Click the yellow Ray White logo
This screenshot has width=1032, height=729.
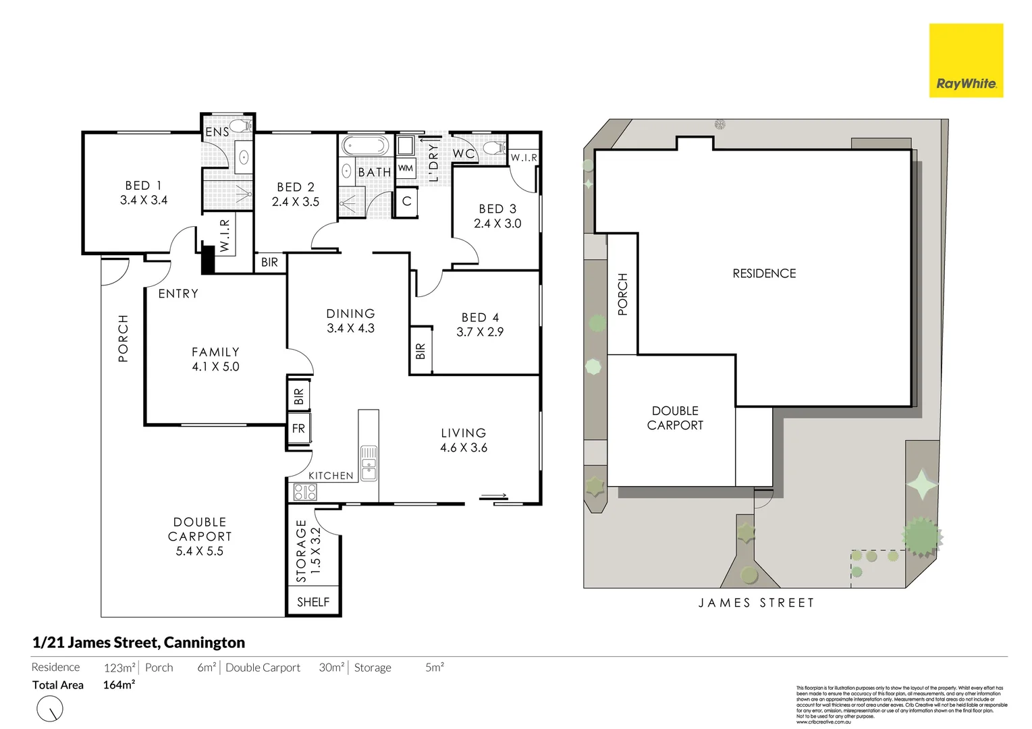tap(966, 61)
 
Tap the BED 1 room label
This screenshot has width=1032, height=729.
tap(143, 192)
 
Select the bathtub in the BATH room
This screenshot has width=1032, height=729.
tap(365, 146)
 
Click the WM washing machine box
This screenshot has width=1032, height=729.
tap(406, 168)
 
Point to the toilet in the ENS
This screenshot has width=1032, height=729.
tap(240, 126)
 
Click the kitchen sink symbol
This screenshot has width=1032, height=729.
tap(369, 462)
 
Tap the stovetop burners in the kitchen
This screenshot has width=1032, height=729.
tap(304, 492)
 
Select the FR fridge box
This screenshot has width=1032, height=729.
tap(298, 429)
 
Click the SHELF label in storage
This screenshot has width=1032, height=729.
tap(313, 602)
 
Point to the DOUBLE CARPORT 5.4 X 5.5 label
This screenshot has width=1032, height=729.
tap(199, 537)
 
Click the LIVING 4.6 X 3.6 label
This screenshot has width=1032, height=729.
tap(463, 440)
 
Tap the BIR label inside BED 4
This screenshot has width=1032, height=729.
tap(420, 351)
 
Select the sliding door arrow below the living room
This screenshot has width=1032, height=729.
tap(494, 497)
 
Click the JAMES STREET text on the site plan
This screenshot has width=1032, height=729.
tap(756, 603)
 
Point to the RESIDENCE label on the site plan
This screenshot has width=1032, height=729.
tap(764, 273)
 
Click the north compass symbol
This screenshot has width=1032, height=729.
tap(50, 709)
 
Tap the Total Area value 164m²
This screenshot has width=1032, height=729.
tap(119, 685)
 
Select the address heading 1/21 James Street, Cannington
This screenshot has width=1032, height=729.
tap(138, 643)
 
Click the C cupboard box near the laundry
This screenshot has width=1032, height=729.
tap(406, 201)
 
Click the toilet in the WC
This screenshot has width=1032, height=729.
tap(494, 148)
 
